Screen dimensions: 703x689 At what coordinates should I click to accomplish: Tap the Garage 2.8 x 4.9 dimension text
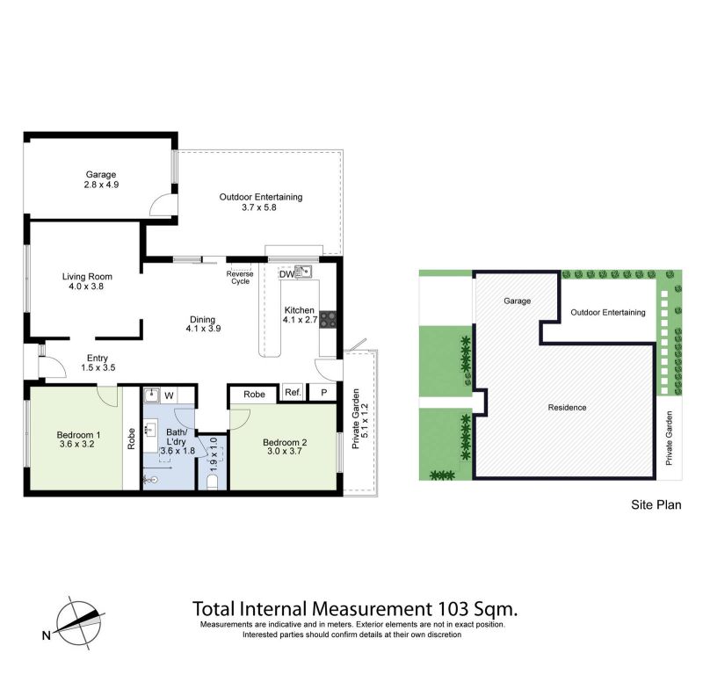(101, 185)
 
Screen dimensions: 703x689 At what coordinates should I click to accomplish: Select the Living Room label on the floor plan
(87, 277)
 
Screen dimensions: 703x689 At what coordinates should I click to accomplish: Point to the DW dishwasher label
(286, 274)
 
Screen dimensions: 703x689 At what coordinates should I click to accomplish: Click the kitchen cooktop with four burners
(328, 320)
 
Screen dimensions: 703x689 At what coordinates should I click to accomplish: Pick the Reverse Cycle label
(240, 278)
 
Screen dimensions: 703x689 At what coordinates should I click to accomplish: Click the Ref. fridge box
(294, 392)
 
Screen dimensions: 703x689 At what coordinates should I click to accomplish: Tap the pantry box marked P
(323, 392)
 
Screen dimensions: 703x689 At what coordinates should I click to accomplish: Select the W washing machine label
(169, 395)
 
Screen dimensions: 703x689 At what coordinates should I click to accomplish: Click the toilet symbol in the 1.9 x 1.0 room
(213, 482)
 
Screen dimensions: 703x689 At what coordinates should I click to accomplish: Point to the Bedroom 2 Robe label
(254, 395)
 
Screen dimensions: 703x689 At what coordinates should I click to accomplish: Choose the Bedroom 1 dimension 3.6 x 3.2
(77, 444)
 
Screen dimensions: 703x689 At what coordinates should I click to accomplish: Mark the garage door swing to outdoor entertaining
(163, 206)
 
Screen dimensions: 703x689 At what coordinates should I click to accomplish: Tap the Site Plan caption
(656, 504)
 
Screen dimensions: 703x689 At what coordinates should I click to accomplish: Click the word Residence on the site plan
(567, 408)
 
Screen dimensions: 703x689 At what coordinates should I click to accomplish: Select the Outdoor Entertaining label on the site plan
(608, 313)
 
